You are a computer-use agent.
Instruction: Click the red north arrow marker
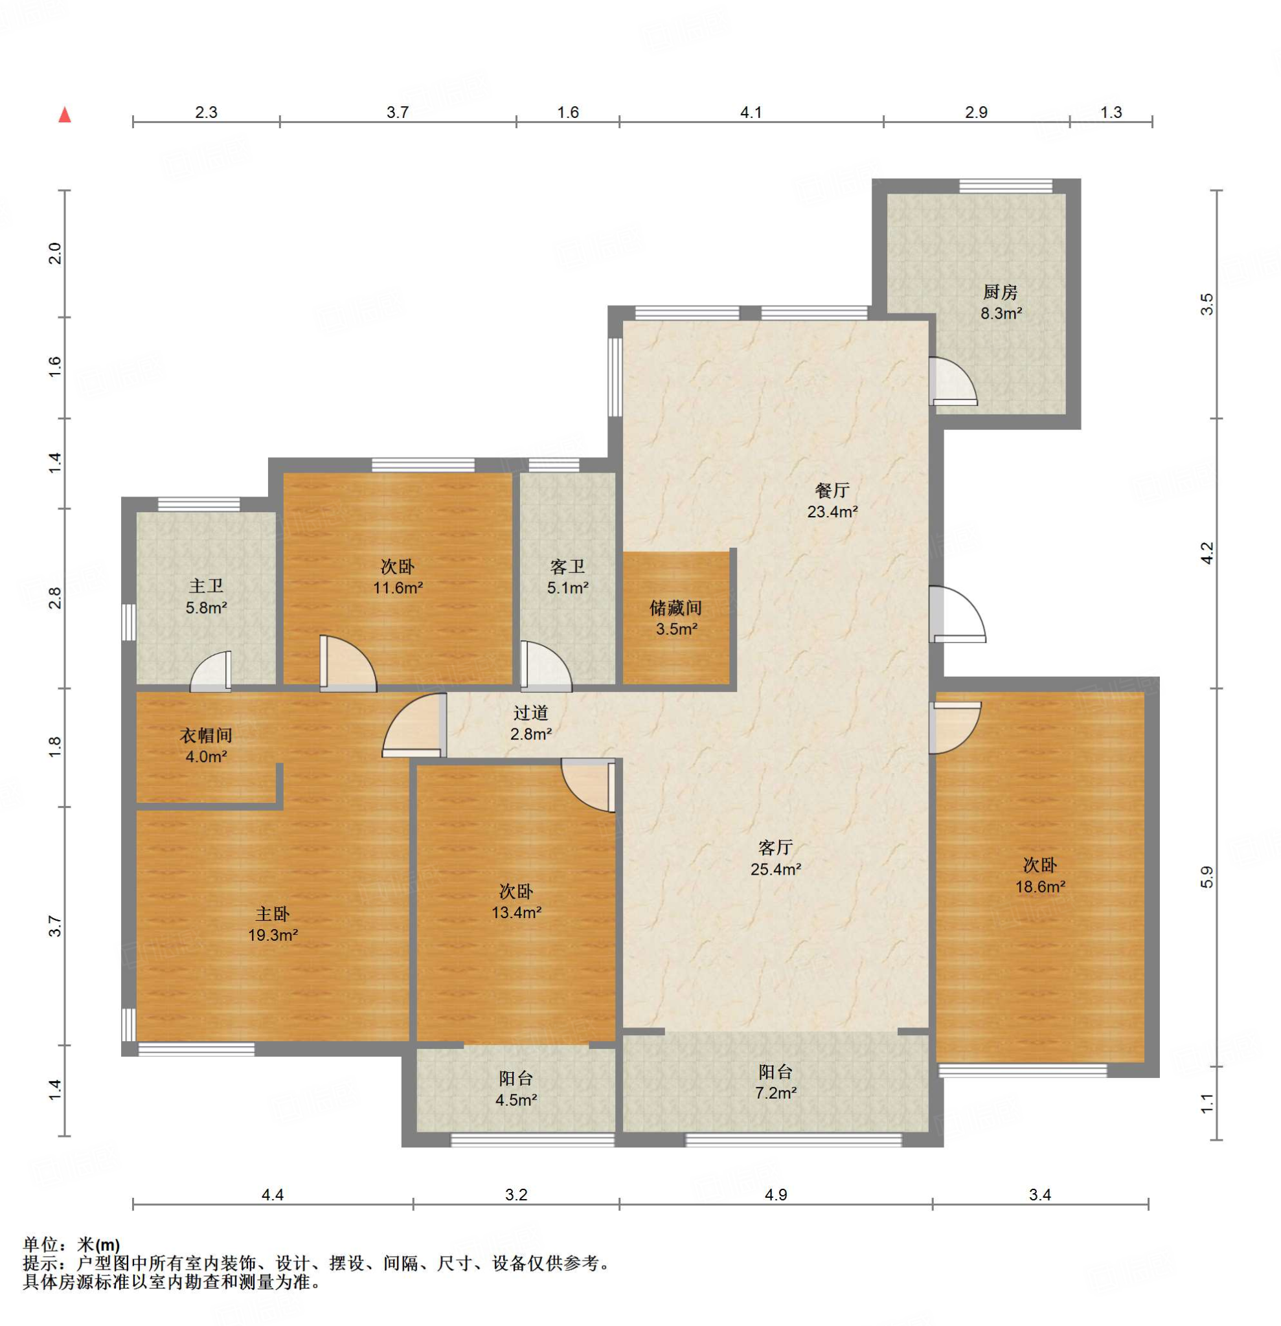65,115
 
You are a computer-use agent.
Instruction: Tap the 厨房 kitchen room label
1000,292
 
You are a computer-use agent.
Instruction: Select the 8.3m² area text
1001,313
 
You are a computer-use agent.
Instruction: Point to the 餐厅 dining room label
832,490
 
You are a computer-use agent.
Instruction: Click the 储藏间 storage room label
675,607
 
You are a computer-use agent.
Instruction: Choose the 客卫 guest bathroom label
567,567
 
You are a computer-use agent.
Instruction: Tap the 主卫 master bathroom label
206,586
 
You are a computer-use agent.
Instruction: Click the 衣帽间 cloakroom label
206,735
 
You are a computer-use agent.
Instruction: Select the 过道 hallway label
530,712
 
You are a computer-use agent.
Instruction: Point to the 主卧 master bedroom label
272,914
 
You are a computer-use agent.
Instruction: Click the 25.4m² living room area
775,869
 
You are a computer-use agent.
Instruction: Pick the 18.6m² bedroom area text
1040,886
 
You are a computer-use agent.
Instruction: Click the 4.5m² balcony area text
516,1100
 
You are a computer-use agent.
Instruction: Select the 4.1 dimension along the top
751,112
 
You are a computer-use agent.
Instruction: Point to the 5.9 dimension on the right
1207,877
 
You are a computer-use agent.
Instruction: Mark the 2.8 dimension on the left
55,598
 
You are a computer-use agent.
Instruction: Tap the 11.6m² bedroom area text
398,587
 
